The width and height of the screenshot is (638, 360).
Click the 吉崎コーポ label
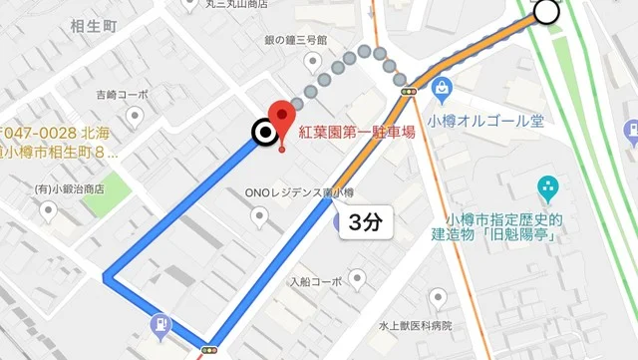point(122,95)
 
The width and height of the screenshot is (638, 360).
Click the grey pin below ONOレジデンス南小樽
point(260,214)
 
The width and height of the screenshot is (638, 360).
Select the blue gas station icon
point(159,326)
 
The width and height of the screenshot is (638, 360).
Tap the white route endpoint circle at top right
point(547,12)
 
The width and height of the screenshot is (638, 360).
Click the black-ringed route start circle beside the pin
point(263,133)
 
